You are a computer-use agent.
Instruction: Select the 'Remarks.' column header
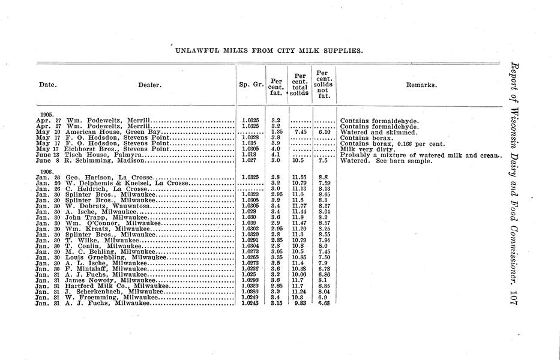421,85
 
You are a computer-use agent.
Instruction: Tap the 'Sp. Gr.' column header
251,85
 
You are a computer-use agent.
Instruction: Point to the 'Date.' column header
47,85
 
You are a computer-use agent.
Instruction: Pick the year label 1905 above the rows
47,114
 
